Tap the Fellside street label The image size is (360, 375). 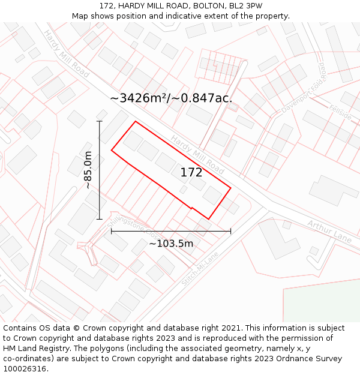(340, 113)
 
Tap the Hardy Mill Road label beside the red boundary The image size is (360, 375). (197, 151)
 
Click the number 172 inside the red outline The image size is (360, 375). (191, 173)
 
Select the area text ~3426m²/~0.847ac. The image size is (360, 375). (171, 98)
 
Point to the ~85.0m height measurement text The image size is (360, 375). (88, 170)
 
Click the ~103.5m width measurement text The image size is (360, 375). (171, 244)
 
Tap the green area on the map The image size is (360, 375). (324, 303)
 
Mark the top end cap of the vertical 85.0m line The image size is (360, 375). (100, 121)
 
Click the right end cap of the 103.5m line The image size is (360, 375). (230, 231)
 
